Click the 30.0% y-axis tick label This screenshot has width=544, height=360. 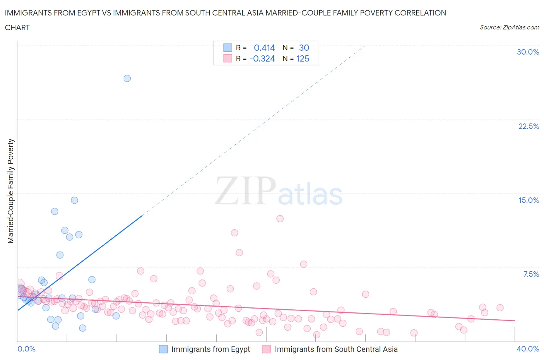pyautogui.click(x=528, y=52)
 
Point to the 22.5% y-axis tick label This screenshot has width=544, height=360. pyautogui.click(x=529, y=126)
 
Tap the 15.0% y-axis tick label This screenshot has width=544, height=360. pyautogui.click(x=529, y=200)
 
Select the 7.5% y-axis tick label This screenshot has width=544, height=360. pyautogui.click(x=531, y=274)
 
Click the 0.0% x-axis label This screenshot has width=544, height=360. pyautogui.click(x=26, y=349)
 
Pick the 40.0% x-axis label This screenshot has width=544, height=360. pyautogui.click(x=528, y=349)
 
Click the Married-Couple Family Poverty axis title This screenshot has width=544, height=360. pyautogui.click(x=11, y=191)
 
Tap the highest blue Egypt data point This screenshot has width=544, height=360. pyautogui.click(x=127, y=78)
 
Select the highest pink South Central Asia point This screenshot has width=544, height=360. pyautogui.click(x=280, y=219)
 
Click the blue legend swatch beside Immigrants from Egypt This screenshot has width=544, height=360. pyautogui.click(x=163, y=349)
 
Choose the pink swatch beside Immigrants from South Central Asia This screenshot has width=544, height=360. pyautogui.click(x=266, y=349)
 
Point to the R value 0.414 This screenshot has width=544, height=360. pyautogui.click(x=264, y=48)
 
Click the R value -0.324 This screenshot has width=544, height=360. pyautogui.click(x=262, y=58)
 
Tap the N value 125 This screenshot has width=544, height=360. pyautogui.click(x=303, y=58)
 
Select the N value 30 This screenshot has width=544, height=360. pyautogui.click(x=304, y=48)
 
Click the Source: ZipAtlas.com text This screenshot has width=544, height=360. pyautogui.click(x=509, y=27)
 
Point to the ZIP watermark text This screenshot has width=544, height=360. pyautogui.click(x=245, y=190)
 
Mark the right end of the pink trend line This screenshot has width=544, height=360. pyautogui.click(x=515, y=321)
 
